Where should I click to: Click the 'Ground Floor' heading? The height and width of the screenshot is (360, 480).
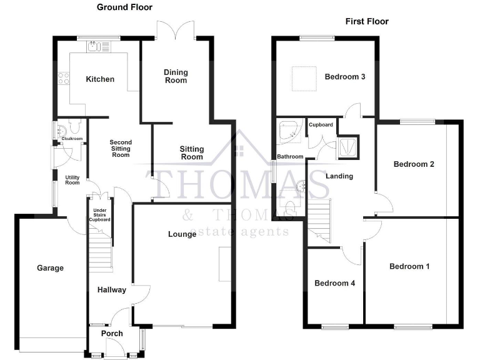(x=124, y=7)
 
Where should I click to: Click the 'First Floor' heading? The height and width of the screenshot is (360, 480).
(x=367, y=21)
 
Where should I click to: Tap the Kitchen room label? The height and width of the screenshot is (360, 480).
(x=100, y=79)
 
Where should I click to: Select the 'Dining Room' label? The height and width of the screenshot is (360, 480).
(x=176, y=76)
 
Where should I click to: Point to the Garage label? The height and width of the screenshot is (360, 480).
(x=50, y=268)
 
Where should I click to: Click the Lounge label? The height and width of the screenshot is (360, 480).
(x=182, y=234)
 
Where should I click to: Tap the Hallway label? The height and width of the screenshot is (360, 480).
(x=111, y=290)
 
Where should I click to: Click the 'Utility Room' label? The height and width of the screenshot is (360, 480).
(x=72, y=179)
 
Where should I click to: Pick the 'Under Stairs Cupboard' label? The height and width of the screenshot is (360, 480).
(x=101, y=215)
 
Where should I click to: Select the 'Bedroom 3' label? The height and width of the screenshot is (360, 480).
(x=345, y=77)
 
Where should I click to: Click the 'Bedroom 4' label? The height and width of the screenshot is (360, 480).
(x=334, y=283)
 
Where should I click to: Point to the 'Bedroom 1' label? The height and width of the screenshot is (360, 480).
(x=409, y=267)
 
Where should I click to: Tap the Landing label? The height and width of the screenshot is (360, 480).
(x=339, y=176)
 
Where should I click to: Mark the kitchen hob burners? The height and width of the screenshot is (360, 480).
(x=63, y=79)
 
